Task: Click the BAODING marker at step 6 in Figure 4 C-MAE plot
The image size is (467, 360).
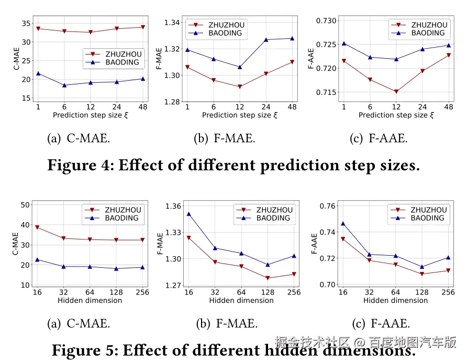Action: [64, 85]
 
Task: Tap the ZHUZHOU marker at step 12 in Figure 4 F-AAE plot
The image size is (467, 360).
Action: [396, 92]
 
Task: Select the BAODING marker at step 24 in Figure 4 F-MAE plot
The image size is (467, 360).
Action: [266, 39]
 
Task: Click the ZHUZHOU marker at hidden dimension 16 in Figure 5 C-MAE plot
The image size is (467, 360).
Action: [37, 227]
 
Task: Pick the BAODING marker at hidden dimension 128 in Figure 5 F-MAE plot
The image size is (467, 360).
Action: [268, 265]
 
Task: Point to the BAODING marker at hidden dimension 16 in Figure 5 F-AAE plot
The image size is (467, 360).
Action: [343, 224]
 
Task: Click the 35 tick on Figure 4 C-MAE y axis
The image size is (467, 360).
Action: [26, 24]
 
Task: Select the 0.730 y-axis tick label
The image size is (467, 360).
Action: [327, 20]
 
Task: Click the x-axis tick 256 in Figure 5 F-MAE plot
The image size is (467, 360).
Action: [293, 292]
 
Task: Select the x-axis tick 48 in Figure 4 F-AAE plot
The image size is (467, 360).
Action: [449, 107]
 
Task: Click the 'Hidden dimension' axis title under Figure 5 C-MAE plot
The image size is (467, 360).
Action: [90, 300]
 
